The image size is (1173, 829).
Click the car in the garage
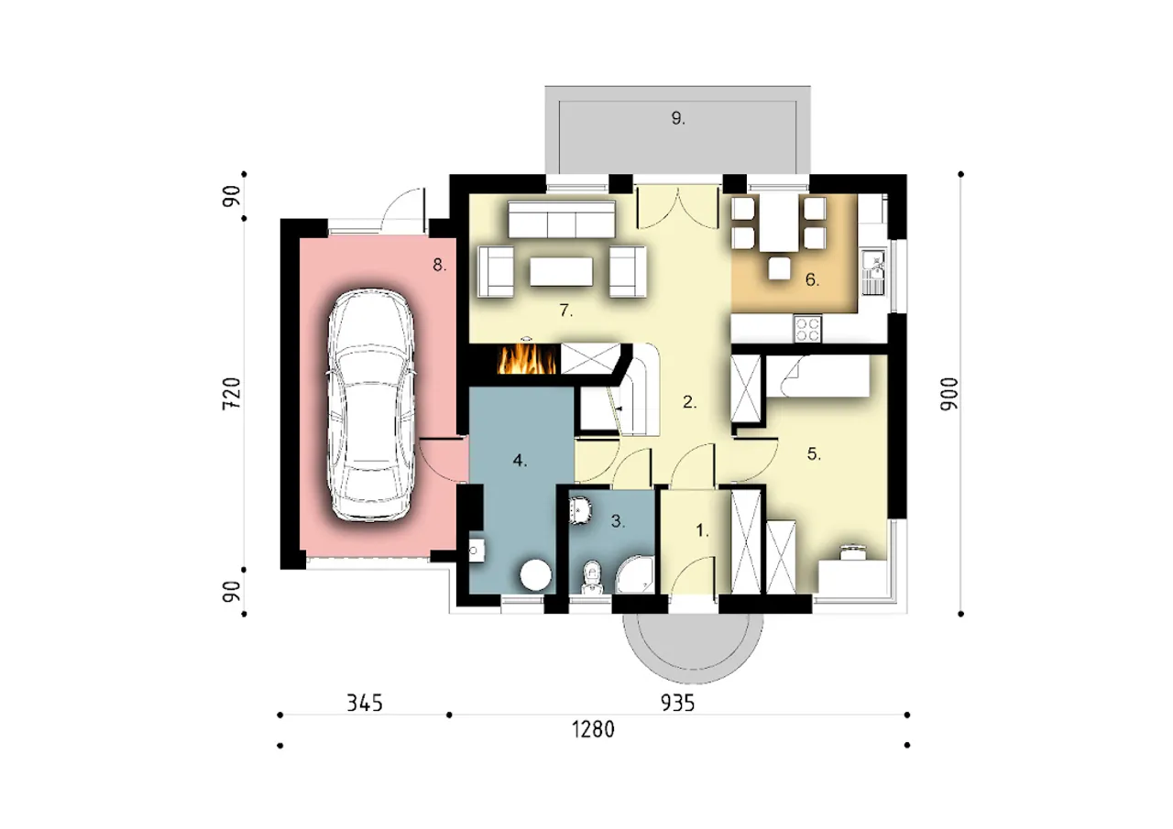pos(371,405)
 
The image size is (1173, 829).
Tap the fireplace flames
pos(527,359)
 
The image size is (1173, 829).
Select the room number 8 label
pos(439,266)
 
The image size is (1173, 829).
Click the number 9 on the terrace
pos(677,119)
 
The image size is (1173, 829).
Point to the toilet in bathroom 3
pos(592,577)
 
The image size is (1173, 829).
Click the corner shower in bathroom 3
pos(635,574)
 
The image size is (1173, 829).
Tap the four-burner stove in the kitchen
pos(807,329)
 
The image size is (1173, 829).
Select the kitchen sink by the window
pos(873,272)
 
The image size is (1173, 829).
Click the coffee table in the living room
pos(561,271)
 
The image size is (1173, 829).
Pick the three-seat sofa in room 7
pos(562,219)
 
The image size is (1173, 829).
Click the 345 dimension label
pos(365,703)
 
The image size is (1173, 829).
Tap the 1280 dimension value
pos(593,729)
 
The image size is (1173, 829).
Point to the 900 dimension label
pos(948,394)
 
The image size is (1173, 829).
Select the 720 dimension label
pos(232,394)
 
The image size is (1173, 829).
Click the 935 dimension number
pos(677,703)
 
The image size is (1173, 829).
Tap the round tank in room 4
pos(535,574)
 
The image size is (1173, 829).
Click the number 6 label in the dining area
pos(812,280)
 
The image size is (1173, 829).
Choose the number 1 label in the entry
pos(702,530)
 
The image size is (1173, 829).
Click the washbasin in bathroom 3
pos(580,509)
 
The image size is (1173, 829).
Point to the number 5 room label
pos(813,453)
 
